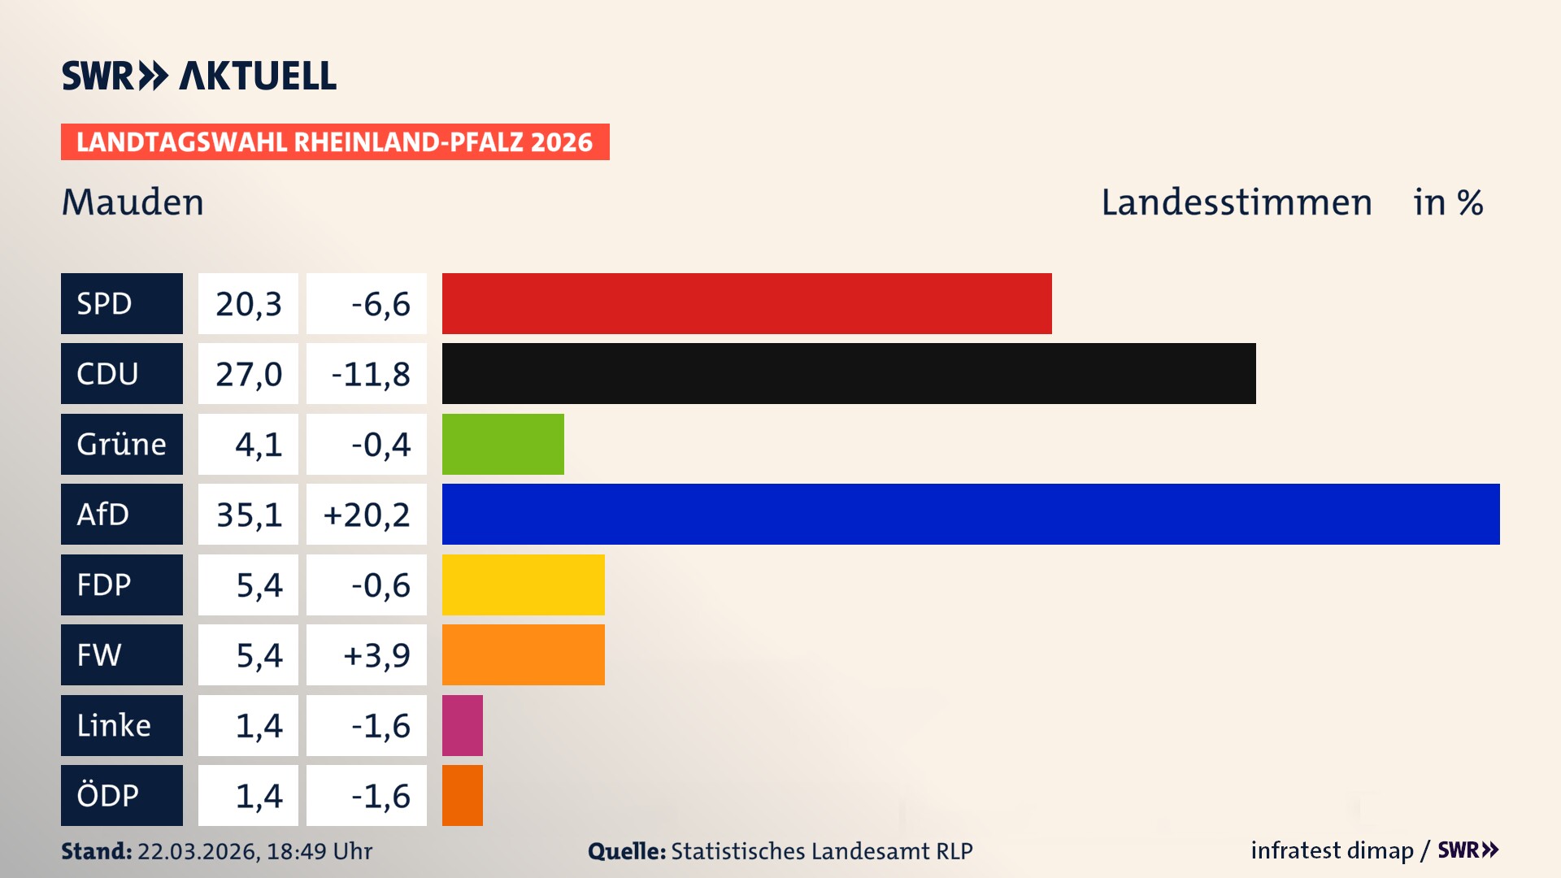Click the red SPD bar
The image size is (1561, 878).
[746, 303]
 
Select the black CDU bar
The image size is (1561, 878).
[849, 374]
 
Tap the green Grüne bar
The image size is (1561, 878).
[502, 444]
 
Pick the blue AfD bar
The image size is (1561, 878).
[971, 514]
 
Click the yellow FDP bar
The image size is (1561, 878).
[523, 585]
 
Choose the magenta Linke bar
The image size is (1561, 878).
[462, 725]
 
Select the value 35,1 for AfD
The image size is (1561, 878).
[249, 515]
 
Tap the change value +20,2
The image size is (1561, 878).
[367, 515]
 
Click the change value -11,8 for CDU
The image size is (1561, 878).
[370, 374]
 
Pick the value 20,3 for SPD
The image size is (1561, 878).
[249, 304]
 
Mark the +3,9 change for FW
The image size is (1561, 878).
[376, 655]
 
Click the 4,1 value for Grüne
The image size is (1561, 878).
[259, 445]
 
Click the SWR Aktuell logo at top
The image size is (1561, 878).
[199, 76]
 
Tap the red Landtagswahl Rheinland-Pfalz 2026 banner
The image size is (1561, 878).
[334, 142]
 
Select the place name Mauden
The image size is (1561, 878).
[133, 202]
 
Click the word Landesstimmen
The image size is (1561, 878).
[1236, 202]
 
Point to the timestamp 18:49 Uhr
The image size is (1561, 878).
[319, 851]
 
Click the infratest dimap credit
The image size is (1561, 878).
[1331, 850]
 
